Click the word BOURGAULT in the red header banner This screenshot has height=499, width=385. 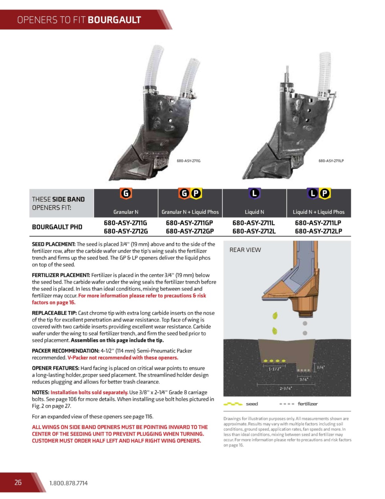[x=114, y=20]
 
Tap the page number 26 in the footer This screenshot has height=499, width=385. [x=18, y=482]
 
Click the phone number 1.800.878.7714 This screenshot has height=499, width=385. [x=68, y=483]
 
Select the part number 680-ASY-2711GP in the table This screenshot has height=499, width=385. [x=189, y=223]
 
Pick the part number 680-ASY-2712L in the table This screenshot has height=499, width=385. [x=254, y=231]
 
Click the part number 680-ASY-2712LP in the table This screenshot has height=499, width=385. [x=318, y=231]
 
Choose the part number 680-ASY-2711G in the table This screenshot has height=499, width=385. [x=126, y=223]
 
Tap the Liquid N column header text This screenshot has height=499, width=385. [x=255, y=212]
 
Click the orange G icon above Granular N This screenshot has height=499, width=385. [x=126, y=194]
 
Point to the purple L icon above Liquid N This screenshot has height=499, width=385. [x=255, y=194]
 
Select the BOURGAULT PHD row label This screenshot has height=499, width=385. [x=57, y=227]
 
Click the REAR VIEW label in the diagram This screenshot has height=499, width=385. [x=245, y=250]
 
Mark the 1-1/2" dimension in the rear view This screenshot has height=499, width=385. [x=274, y=369]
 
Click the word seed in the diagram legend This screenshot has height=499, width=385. [x=252, y=404]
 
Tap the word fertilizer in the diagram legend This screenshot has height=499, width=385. [x=308, y=404]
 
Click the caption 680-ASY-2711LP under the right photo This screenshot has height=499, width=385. [x=331, y=161]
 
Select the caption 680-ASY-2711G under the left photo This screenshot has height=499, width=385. [x=189, y=161]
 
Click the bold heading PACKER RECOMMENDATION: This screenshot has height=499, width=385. [x=65, y=351]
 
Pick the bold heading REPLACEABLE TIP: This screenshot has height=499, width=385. [x=55, y=313]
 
